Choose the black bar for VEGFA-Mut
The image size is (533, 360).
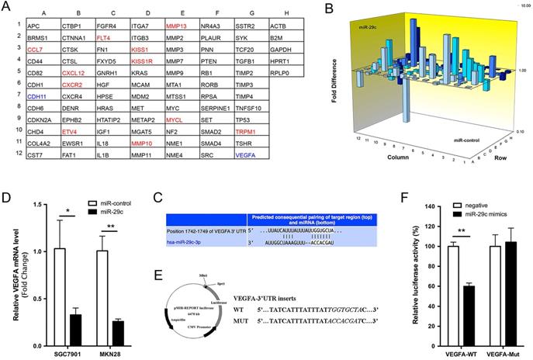tap(493, 299)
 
